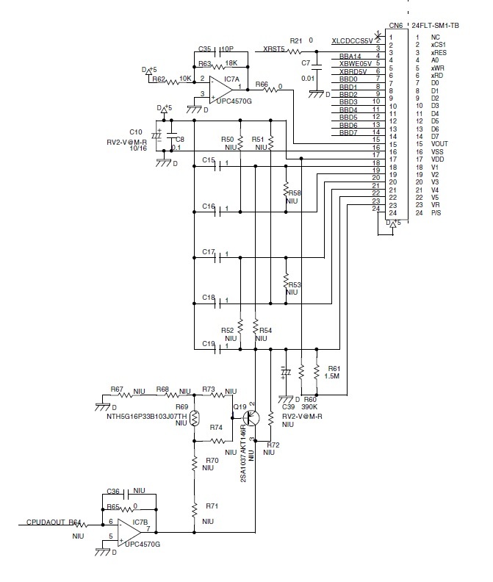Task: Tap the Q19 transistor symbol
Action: coord(251,418)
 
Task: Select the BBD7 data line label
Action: coord(349,132)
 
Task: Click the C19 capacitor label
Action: coord(208,343)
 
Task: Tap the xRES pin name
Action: coord(440,52)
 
